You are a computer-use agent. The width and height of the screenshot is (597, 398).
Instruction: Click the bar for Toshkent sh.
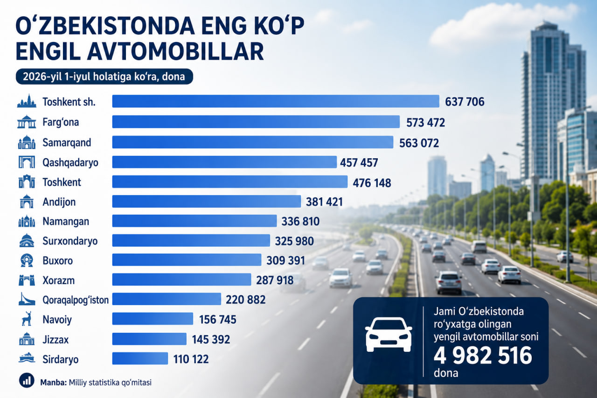click(276, 101)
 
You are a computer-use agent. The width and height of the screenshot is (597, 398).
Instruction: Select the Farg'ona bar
click(256, 122)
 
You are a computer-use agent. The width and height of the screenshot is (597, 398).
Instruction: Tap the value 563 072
click(419, 143)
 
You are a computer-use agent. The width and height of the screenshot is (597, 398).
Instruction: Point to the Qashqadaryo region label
click(70, 162)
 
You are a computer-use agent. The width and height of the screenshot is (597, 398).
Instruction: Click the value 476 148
click(372, 183)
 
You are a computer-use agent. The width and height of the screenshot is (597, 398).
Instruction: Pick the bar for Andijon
click(207, 201)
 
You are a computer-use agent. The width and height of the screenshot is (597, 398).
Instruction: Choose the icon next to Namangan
click(27, 221)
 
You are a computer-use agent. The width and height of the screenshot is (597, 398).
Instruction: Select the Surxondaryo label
click(70, 241)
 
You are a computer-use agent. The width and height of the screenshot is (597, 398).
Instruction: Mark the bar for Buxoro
click(187, 259)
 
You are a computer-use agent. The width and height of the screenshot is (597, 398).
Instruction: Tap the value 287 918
click(275, 280)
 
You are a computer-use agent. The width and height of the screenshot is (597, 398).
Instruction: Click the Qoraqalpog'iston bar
click(167, 299)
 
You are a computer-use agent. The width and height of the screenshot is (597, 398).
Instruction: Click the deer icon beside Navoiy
click(27, 318)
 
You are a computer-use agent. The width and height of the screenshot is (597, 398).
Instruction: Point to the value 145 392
click(211, 339)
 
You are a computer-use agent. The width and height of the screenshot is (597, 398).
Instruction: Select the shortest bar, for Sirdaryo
click(140, 358)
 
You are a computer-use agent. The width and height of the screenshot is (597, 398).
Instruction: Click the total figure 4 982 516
click(483, 356)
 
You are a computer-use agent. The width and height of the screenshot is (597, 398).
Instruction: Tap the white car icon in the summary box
click(389, 335)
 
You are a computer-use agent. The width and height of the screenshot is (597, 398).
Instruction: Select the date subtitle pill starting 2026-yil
click(104, 77)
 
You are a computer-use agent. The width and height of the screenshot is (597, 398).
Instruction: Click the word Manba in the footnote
click(53, 383)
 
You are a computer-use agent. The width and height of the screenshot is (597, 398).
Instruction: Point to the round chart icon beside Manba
click(27, 380)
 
